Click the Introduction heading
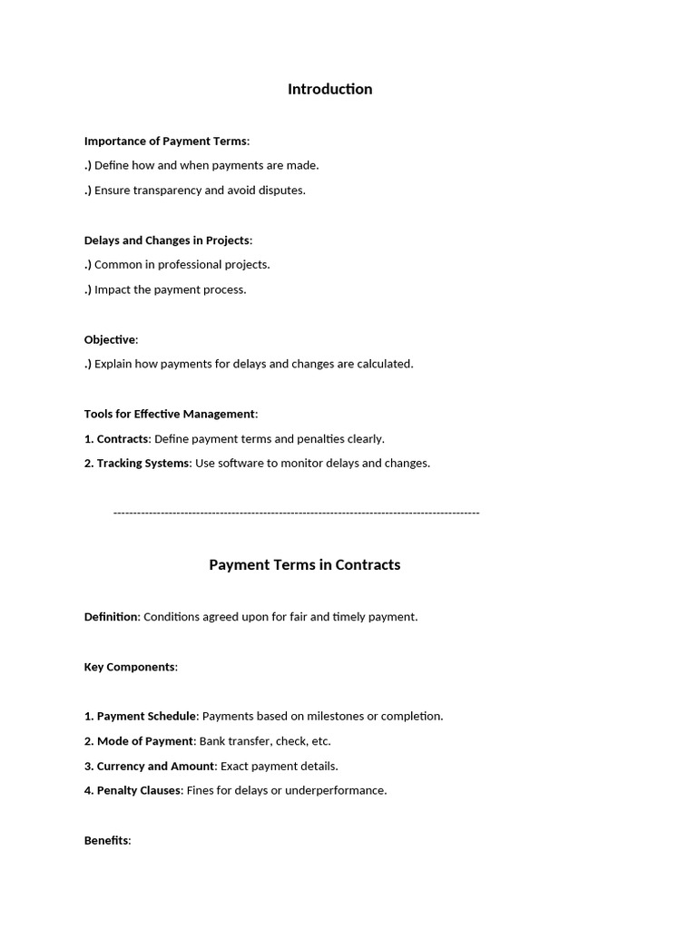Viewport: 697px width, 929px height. pos(329,89)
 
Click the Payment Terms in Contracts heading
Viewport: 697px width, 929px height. pos(304,564)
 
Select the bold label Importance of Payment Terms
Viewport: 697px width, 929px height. pos(165,141)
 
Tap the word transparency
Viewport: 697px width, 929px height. pos(167,191)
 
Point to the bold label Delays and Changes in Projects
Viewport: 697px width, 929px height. pos(166,240)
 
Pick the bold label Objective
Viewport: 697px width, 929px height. pos(110,339)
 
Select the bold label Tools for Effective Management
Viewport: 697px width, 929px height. pos(170,414)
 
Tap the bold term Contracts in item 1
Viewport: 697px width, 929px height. pos(123,439)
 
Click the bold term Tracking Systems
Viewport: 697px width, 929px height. pos(142,464)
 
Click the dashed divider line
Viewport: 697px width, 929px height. pos(296,513)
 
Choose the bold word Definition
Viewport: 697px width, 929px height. pos(112,617)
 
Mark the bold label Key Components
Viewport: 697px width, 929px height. pos(129,667)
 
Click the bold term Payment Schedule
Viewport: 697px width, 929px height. pos(146,717)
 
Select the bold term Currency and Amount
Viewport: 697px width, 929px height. pos(155,767)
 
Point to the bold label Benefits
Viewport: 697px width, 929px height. pos(106,841)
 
